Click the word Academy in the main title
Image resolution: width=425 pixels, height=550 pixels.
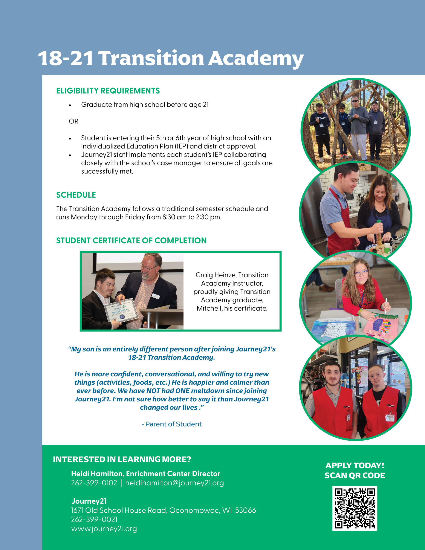(x=256, y=58)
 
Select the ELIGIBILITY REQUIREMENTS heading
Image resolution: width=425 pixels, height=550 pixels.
(x=108, y=91)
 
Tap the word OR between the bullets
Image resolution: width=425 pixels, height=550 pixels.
(x=73, y=121)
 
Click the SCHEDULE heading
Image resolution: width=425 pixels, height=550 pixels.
(x=76, y=195)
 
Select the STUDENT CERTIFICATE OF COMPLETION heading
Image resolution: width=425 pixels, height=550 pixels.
(x=131, y=240)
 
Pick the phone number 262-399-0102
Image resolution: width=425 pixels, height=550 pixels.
(x=94, y=483)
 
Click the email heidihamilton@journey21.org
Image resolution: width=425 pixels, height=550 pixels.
(x=174, y=483)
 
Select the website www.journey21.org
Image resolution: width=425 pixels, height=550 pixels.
(x=104, y=529)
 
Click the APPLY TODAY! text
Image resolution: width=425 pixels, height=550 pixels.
(x=355, y=465)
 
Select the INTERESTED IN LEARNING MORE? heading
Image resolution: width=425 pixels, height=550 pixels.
(x=122, y=459)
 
